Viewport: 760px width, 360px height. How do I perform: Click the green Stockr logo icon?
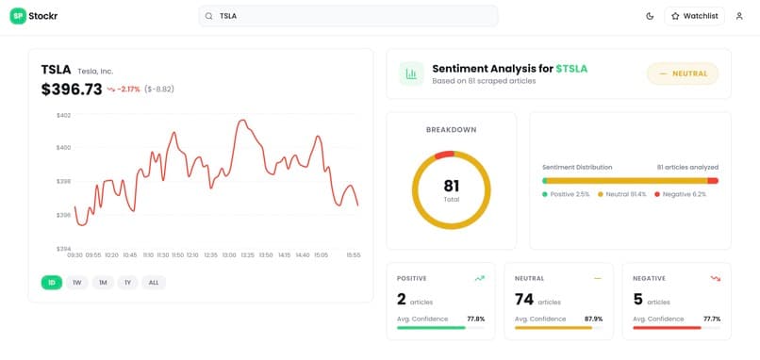click(18, 16)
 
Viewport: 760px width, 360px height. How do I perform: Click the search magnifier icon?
click(209, 16)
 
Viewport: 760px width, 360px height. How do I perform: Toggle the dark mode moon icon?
click(650, 16)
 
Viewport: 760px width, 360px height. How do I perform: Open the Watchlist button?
click(695, 16)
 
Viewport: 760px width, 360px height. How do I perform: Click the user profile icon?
click(739, 16)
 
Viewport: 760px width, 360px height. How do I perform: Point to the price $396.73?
click(72, 90)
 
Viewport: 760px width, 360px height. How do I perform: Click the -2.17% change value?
click(128, 90)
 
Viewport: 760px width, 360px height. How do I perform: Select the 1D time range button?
click(52, 283)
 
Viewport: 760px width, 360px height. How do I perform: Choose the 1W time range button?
click(77, 283)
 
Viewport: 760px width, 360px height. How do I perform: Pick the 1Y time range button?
click(127, 283)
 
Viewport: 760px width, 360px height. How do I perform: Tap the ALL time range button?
click(154, 283)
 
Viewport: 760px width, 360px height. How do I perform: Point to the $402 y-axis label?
click(63, 115)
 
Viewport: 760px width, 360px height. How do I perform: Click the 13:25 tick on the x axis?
click(247, 254)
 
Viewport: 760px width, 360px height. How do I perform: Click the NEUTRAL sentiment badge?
click(683, 74)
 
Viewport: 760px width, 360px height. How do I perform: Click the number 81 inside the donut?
click(452, 186)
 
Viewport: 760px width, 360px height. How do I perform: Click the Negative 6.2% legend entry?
click(680, 194)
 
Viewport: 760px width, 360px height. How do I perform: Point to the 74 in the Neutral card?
click(524, 300)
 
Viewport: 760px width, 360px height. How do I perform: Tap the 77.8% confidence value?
click(476, 319)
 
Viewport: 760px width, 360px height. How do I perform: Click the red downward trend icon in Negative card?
click(716, 279)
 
